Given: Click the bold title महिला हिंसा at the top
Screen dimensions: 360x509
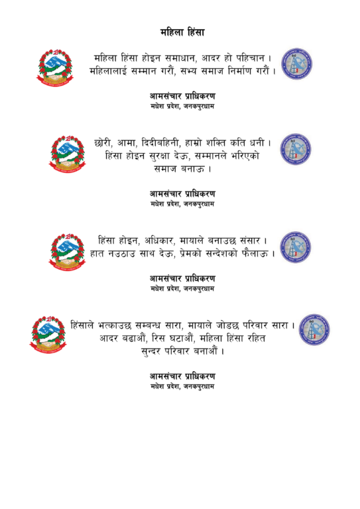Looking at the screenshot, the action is pos(182,32).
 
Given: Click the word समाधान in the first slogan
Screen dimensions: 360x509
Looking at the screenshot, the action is pos(180,58).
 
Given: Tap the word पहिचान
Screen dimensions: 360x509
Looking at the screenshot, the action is pos(251,58).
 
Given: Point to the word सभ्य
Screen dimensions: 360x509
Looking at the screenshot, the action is pos(188,71).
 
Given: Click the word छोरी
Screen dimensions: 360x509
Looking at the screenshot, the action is pos(103,142).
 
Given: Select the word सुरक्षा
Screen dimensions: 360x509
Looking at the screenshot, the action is pos(156,156).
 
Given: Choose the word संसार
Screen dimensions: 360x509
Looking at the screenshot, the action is pos(250,241).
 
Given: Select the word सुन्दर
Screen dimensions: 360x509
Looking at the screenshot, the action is pos(151,351).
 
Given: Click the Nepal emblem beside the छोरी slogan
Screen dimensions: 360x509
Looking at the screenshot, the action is pos(68,154).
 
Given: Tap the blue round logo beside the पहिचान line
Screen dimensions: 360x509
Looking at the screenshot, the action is pos(296,64).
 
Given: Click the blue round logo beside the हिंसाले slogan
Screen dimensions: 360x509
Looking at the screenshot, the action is pos(314,329).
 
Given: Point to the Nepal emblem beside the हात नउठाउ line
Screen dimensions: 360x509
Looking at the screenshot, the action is pos(68,253).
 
